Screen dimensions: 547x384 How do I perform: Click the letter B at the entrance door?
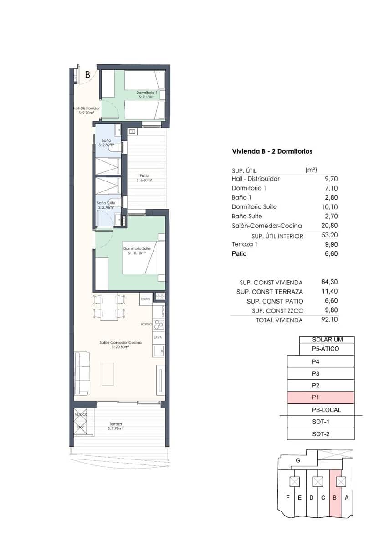tap(87, 75)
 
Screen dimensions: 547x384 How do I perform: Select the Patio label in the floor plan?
tap(144, 178)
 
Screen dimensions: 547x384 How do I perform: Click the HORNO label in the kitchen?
tap(146, 324)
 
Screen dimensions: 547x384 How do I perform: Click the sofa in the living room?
tap(82, 373)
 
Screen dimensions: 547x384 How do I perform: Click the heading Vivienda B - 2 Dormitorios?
tap(272, 151)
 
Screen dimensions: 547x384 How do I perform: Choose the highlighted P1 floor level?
tap(321, 397)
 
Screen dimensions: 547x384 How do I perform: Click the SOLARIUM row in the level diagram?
tap(327, 340)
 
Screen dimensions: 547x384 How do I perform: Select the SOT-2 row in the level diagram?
tap(321, 434)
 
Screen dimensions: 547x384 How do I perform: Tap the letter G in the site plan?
tap(297, 460)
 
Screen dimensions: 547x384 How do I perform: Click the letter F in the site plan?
tap(287, 497)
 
